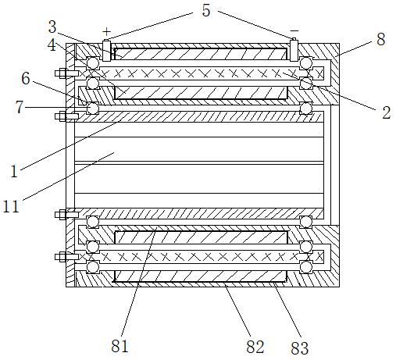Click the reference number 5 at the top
point(206,10)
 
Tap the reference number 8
point(380,39)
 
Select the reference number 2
point(387,112)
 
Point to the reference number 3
point(52,27)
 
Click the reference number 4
point(52,45)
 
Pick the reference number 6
point(26,78)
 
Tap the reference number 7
point(20,107)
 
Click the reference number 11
point(11,207)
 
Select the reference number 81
point(120,346)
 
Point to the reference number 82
point(255,347)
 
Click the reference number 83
point(300,348)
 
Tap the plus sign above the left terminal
point(106,32)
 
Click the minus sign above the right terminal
point(294,30)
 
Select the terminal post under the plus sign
point(106,50)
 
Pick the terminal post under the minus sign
point(294,49)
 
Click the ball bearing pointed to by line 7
point(92,108)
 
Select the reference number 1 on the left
point(14,172)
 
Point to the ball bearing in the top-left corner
point(93,63)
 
